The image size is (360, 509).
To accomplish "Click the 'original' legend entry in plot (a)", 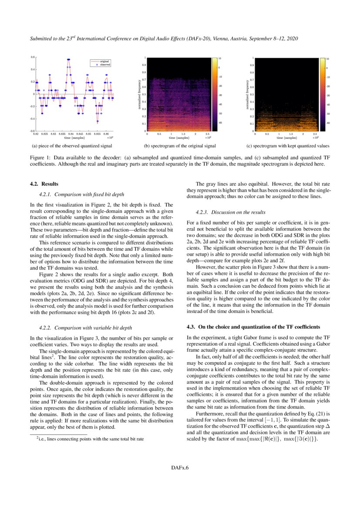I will click(104, 61).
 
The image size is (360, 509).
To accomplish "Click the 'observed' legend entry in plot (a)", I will click(104, 64).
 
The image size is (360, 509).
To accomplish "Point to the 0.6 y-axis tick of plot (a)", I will click(33, 57).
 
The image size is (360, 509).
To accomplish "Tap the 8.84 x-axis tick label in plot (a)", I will click(71, 134).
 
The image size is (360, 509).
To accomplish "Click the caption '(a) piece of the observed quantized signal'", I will click(72, 146).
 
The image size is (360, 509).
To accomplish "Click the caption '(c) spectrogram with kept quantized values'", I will click(288, 146).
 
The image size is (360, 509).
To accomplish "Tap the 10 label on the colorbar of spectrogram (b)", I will click(220, 58).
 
